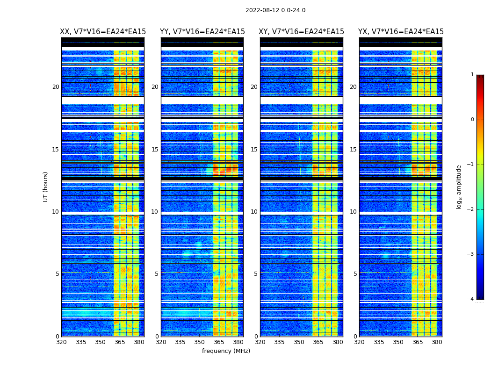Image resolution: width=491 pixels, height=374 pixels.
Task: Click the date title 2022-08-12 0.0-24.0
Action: click(x=275, y=10)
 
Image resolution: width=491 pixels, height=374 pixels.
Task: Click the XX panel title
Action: click(x=103, y=32)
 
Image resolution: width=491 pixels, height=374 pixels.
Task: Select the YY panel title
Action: click(x=202, y=32)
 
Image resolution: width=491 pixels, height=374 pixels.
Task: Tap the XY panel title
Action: click(x=302, y=32)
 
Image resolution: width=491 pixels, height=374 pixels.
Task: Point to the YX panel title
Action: click(x=401, y=32)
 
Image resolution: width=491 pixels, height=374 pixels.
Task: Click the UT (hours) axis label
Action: click(x=46, y=187)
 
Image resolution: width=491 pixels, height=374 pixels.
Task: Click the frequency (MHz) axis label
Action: click(x=226, y=351)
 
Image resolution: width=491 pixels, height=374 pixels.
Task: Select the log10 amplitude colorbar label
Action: click(x=459, y=187)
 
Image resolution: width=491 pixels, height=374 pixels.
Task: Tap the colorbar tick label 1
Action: click(x=472, y=75)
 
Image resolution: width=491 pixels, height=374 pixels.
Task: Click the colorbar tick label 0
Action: click(x=472, y=120)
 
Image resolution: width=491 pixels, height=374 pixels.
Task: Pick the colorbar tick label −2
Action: click(x=471, y=209)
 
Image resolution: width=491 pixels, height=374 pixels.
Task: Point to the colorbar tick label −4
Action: click(x=471, y=299)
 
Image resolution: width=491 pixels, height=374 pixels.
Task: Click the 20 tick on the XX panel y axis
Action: click(x=56, y=87)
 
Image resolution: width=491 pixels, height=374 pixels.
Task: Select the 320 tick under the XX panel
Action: click(x=61, y=342)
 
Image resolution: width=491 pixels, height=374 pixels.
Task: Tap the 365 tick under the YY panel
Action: click(x=219, y=342)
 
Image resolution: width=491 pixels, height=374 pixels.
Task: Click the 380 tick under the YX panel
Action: click(x=437, y=342)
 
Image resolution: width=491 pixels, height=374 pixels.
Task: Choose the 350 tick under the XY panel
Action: click(x=299, y=342)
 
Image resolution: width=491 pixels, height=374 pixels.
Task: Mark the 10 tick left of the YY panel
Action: click(x=154, y=212)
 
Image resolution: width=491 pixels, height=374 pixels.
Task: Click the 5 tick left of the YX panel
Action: click(x=355, y=274)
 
